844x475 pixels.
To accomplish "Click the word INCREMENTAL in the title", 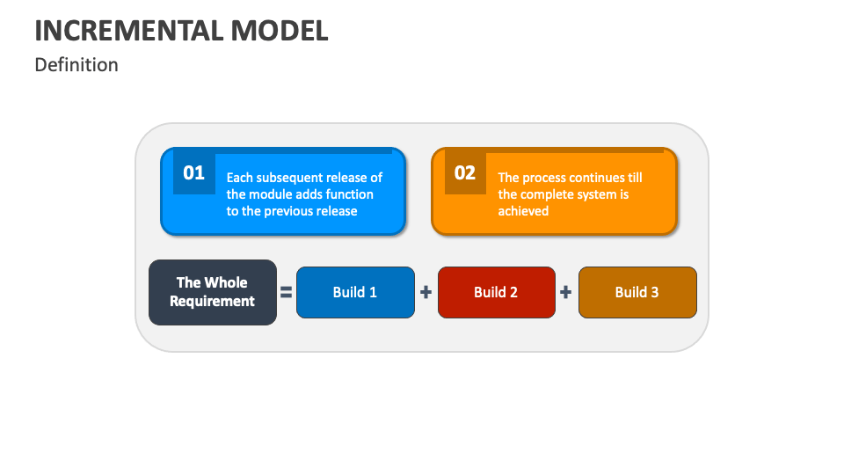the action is [129, 31].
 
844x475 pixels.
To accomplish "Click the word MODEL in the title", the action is [280, 31].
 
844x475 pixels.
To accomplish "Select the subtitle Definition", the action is [76, 64].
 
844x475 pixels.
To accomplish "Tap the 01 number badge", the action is [193, 173].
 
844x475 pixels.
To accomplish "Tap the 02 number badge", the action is [465, 173].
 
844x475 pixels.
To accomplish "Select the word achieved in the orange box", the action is [523, 211].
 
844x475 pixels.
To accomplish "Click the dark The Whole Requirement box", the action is [213, 292].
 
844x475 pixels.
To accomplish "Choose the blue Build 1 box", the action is [355, 292].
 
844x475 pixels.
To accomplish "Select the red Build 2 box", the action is [496, 292].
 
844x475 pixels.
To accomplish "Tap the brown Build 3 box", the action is [637, 292].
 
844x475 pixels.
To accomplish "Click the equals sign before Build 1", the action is [287, 292].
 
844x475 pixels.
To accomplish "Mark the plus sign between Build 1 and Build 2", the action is [426, 292].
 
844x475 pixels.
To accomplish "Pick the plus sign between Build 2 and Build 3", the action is [565, 292].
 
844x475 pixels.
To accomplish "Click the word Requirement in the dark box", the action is [212, 301].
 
